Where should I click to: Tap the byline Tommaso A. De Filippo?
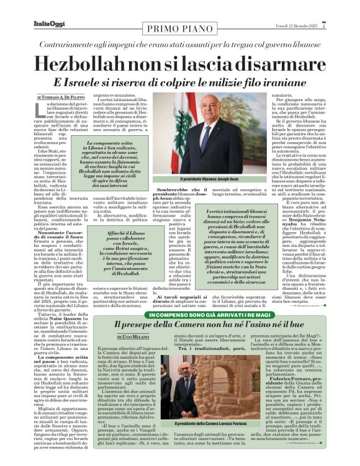click(x=64, y=97)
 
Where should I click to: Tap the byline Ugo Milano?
click(x=133, y=338)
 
